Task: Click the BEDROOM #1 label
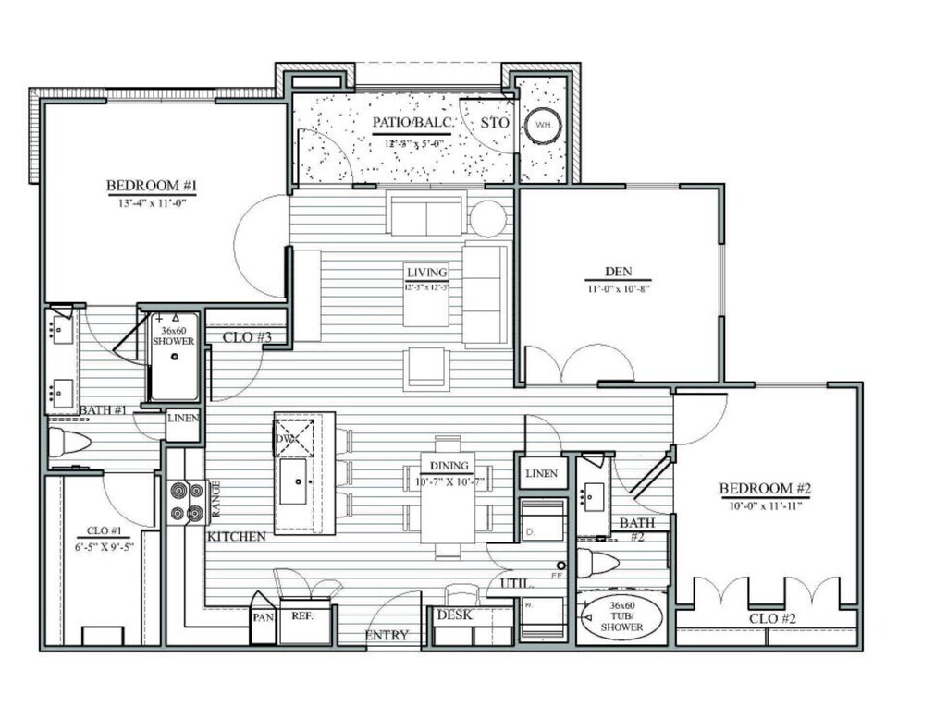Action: click(x=153, y=185)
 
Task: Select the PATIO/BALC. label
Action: click(x=412, y=123)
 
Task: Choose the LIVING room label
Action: click(x=426, y=273)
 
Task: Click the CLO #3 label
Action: click(x=247, y=337)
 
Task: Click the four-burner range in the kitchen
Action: click(x=186, y=503)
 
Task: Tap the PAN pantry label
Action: click(x=263, y=614)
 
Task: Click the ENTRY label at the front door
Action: click(x=387, y=636)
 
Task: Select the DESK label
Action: click(x=454, y=615)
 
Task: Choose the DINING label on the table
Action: click(x=446, y=466)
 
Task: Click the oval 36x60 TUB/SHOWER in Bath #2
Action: click(x=622, y=617)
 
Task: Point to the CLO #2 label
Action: click(x=772, y=617)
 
